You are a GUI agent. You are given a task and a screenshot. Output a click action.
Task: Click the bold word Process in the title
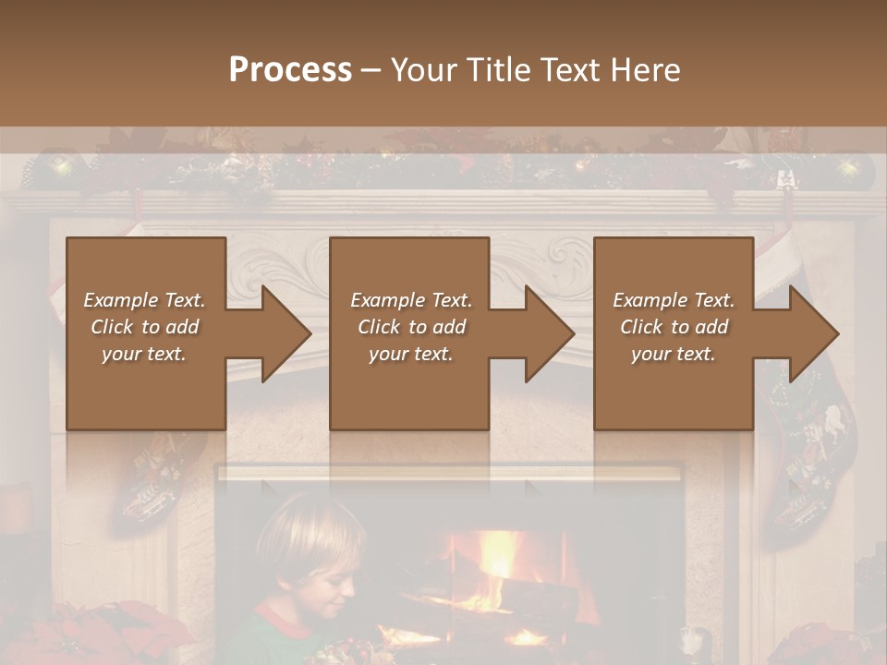[290, 70]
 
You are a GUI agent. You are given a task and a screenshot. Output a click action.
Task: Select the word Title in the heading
[497, 70]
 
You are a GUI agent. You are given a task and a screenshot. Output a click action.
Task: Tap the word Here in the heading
[647, 70]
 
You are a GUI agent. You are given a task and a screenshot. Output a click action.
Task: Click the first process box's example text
[144, 327]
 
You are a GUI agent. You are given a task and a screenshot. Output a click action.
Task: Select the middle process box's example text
[410, 327]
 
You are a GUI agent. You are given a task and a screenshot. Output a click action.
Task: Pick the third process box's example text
[674, 327]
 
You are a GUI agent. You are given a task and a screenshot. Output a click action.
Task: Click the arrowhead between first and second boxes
[282, 333]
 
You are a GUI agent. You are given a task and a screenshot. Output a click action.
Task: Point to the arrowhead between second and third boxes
[546, 333]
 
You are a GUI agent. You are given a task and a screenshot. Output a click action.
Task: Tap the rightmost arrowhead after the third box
[810, 333]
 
